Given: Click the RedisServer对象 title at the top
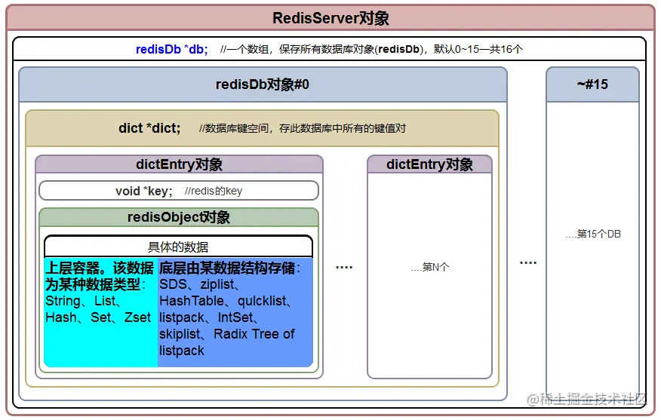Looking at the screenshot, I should pos(330,18).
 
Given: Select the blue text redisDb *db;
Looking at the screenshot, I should pos(171,49).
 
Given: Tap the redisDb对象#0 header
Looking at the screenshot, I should pos(262,84).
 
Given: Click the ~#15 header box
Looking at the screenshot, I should pos(592,84).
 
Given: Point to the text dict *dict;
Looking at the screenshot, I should pos(149,128).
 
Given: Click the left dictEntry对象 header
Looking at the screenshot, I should pos(179,164).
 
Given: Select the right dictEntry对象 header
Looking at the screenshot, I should pos(429,164).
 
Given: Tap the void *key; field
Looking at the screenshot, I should pos(143,191).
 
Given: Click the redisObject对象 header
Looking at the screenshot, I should pos(179,217).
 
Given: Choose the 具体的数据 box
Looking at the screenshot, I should pos(178,247).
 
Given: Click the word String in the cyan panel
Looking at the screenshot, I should pos(63,301).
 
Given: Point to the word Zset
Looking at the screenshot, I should pos(137,317).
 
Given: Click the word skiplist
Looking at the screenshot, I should pos(181,334).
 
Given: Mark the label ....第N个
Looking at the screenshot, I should pos(429,267).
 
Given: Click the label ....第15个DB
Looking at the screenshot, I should pos(593,234).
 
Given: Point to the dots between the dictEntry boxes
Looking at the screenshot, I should pos(344,267).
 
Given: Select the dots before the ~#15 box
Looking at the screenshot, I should pos(528,262).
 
